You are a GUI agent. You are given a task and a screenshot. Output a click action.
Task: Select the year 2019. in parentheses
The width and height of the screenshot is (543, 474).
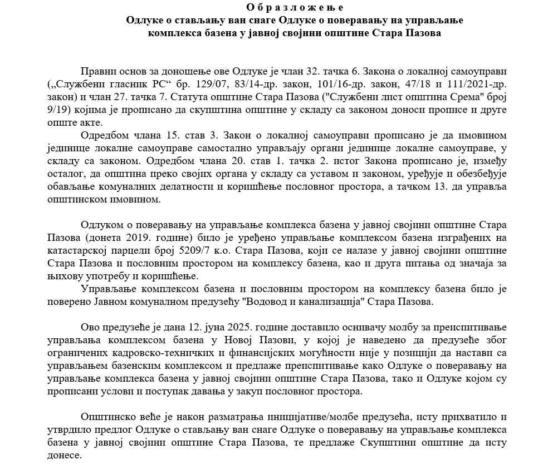(147, 238)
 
